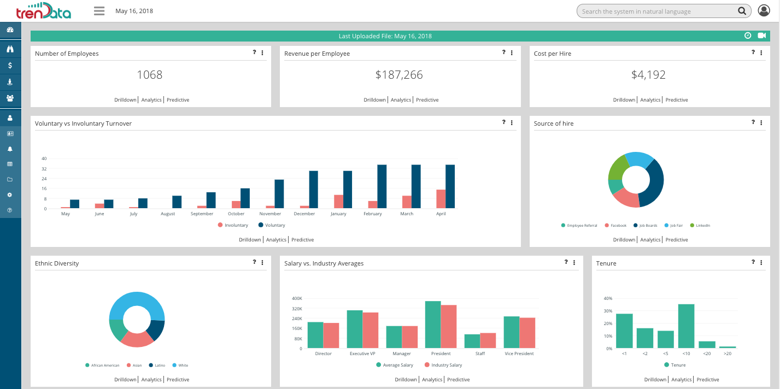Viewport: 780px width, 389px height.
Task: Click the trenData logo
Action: tap(44, 11)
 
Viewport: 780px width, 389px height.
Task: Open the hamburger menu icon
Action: tap(99, 11)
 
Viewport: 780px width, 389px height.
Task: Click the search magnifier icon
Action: tap(742, 11)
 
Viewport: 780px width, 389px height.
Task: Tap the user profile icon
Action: tap(764, 11)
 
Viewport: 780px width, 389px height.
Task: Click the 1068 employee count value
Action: tap(150, 75)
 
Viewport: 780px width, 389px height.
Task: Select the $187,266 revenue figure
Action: tap(399, 75)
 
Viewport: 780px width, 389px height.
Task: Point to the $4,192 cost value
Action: tap(648, 75)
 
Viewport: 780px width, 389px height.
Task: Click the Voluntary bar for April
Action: tap(450, 186)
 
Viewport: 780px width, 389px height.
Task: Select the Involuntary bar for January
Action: tap(339, 201)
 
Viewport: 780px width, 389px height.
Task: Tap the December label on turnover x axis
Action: tap(304, 214)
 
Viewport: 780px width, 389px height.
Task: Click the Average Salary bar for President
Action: tap(433, 325)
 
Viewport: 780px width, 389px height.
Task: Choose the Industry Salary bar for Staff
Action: tap(488, 340)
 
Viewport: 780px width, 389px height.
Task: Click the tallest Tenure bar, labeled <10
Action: tap(687, 326)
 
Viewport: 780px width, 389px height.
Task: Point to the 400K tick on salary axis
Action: tap(297, 298)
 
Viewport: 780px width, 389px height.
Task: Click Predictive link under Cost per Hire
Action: tap(677, 100)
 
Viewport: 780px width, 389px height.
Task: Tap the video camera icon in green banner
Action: tap(762, 36)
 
